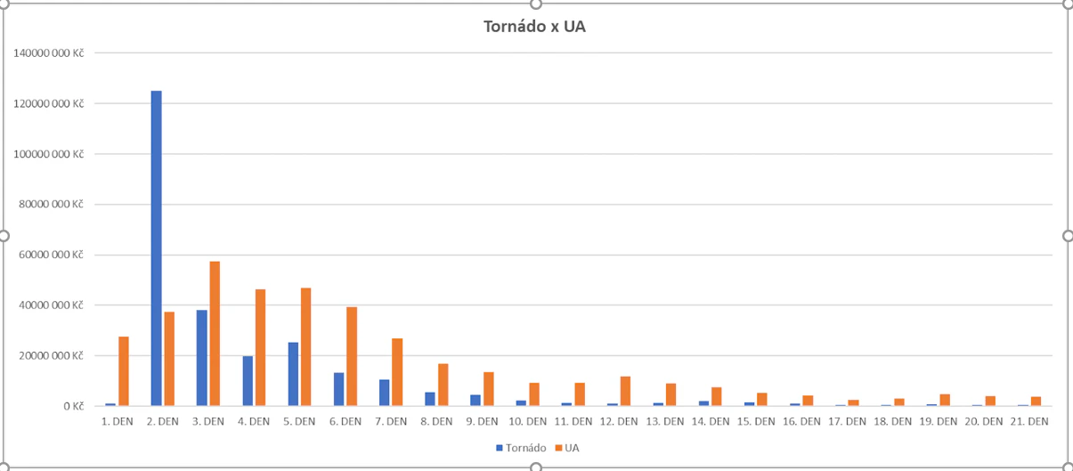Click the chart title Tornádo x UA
tap(534, 27)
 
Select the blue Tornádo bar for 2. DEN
tap(157, 248)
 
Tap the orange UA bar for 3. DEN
tap(215, 334)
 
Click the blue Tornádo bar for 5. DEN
tap(294, 374)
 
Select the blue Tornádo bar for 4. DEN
tap(248, 381)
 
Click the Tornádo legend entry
tap(521, 447)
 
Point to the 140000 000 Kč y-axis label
tap(49, 53)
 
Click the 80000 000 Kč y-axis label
tap(52, 205)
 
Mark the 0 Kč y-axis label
tap(73, 406)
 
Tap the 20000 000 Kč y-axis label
tap(52, 356)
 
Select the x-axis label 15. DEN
tap(755, 421)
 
